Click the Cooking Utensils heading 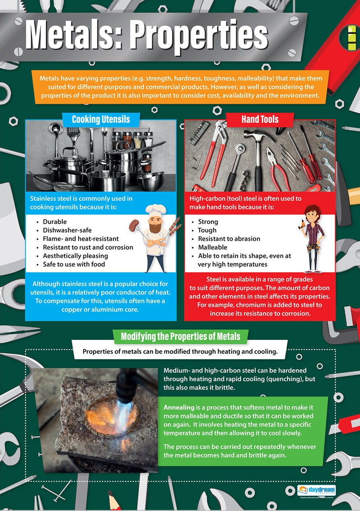pos(101,119)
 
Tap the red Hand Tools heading pos(260,119)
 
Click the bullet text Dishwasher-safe pos(67,230)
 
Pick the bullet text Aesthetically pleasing pos(75,256)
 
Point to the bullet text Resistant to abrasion pos(229,239)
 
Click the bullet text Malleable pos(212,247)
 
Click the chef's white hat pos(156,210)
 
